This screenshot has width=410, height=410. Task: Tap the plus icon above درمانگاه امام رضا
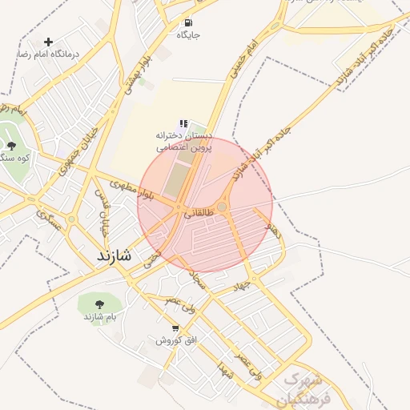[49, 42]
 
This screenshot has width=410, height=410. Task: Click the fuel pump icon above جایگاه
[188, 22]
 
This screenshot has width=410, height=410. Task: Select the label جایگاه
[188, 35]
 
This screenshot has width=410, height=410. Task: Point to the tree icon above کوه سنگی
[11, 145]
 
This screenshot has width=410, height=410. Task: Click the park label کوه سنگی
[14, 158]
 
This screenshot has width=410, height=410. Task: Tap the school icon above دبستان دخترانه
[183, 124]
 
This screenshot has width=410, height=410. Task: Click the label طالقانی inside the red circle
[199, 214]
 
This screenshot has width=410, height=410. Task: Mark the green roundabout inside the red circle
[222, 207]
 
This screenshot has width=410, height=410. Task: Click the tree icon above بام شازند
[99, 304]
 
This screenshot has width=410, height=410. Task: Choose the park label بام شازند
[100, 317]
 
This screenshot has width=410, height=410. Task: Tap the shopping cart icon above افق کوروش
[175, 328]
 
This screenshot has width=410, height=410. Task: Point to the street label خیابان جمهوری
[82, 143]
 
